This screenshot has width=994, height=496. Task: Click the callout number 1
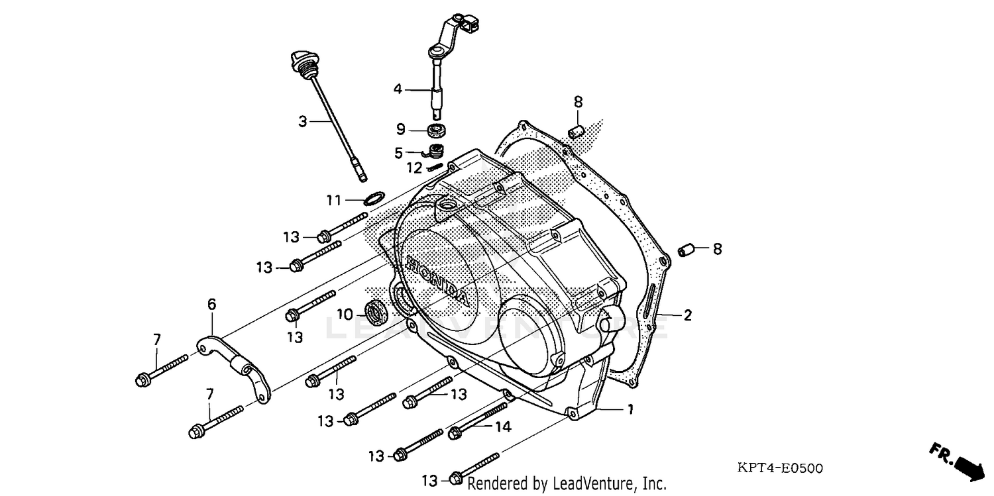[x=630, y=410]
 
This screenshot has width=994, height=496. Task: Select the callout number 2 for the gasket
[x=687, y=315]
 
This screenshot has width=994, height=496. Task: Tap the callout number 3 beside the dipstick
[x=302, y=121]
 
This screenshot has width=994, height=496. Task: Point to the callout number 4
[x=398, y=88]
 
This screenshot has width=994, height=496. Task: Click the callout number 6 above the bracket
[x=211, y=305]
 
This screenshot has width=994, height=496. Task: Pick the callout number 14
[x=503, y=428]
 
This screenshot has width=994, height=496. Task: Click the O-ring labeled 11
[x=374, y=198]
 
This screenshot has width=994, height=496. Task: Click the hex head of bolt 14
[x=455, y=434]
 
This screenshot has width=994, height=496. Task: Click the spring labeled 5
[x=435, y=151]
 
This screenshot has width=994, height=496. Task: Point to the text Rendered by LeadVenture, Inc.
[x=567, y=483]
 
